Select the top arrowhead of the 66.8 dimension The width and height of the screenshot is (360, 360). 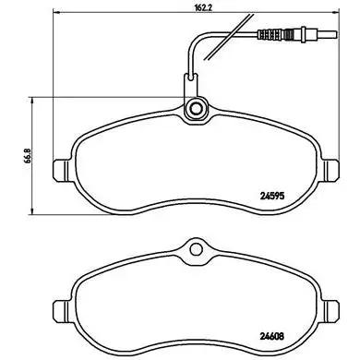pyautogui.click(x=33, y=97)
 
